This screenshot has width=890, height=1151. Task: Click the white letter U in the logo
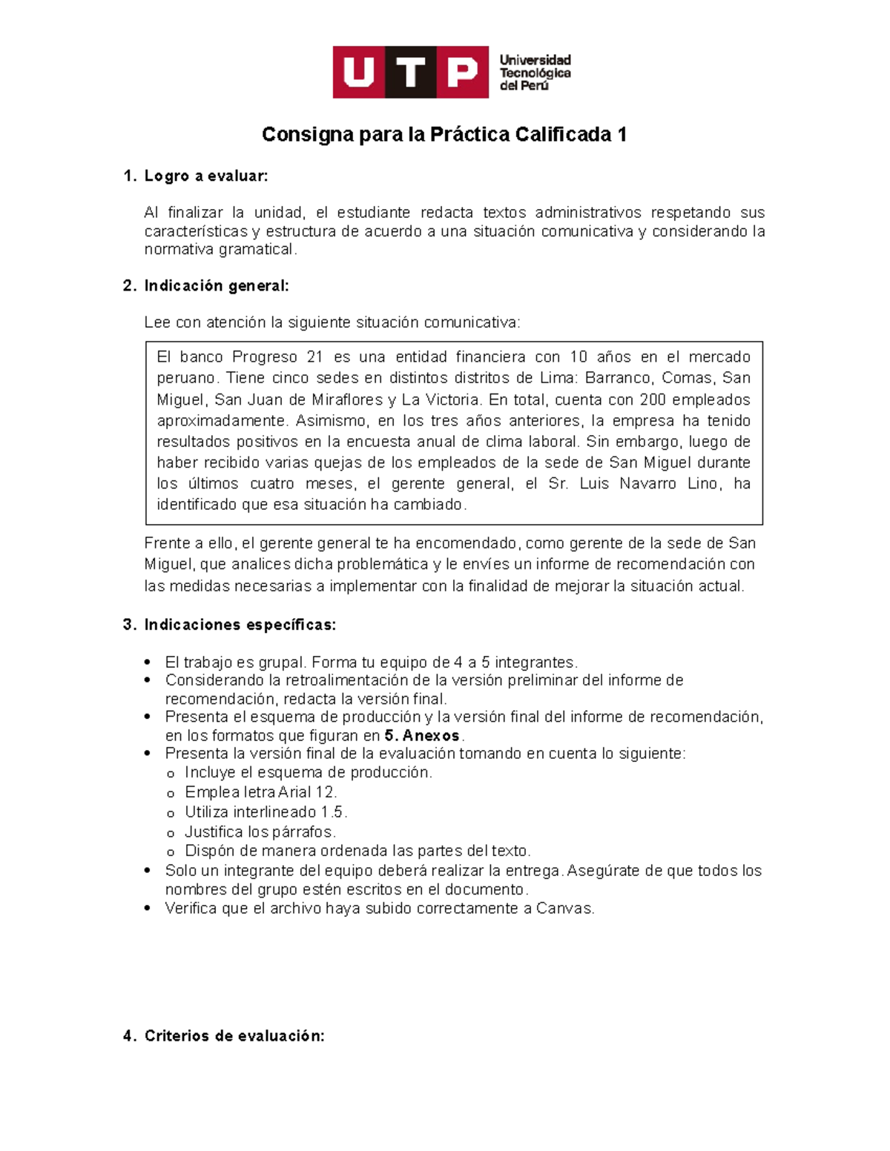[359, 72]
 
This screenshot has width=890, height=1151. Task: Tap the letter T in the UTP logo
[411, 72]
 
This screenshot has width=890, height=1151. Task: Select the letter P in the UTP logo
[462, 72]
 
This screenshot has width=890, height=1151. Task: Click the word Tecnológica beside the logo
[535, 73]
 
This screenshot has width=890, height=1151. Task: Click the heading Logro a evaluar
[205, 176]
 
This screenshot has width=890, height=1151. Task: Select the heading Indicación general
[216, 285]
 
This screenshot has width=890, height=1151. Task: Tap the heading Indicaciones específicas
[240, 625]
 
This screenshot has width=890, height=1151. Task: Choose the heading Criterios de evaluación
[234, 1035]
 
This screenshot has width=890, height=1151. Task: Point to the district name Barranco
[618, 378]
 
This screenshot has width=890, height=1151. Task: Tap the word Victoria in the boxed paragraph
[452, 399]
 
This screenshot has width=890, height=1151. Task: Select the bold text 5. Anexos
[422, 736]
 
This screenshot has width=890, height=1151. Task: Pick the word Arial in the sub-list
[294, 792]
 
